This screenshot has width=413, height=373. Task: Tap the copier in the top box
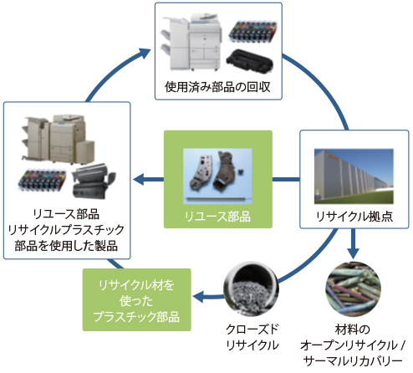(186, 41)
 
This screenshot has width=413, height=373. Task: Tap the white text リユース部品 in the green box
(217, 217)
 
